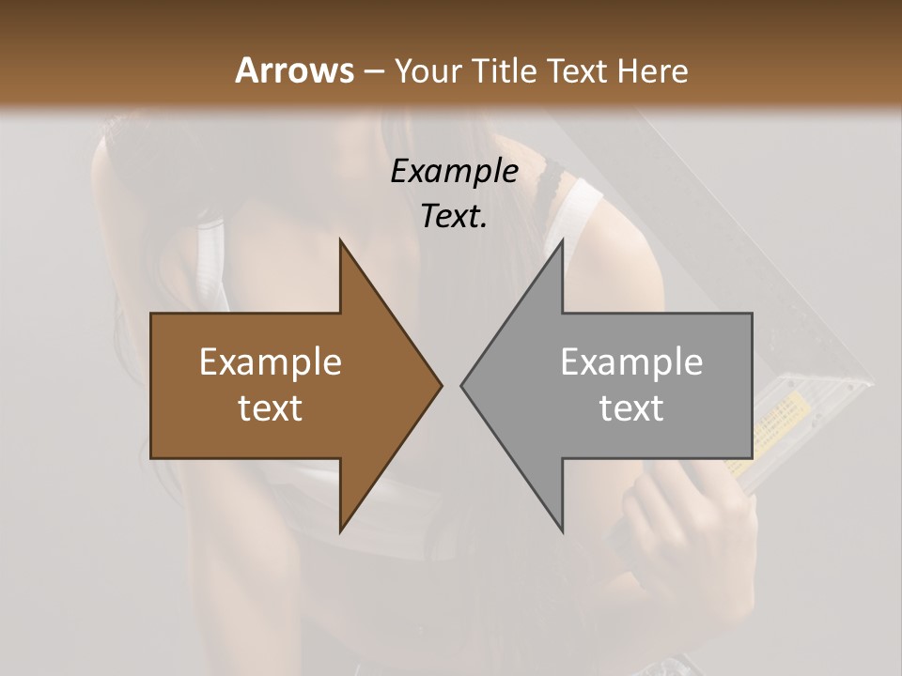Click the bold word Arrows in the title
[294, 70]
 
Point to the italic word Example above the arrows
[454, 171]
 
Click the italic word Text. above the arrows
[454, 216]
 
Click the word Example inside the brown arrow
[271, 362]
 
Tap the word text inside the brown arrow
[271, 408]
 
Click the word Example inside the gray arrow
[631, 362]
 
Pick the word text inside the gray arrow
[631, 408]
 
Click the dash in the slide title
[374, 71]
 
